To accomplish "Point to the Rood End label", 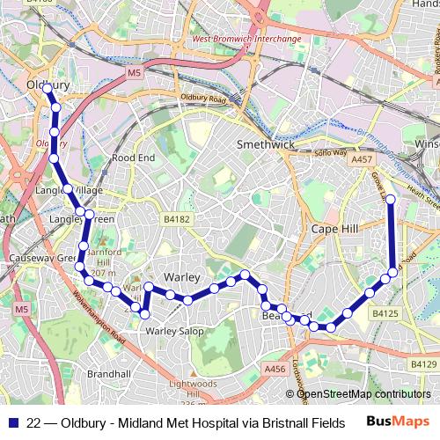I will click(133, 158).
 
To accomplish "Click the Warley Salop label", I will click(174, 332).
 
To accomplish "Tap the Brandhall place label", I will click(109, 374).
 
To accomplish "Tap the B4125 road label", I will click(385, 312).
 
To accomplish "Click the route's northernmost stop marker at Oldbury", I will click(48, 90).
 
